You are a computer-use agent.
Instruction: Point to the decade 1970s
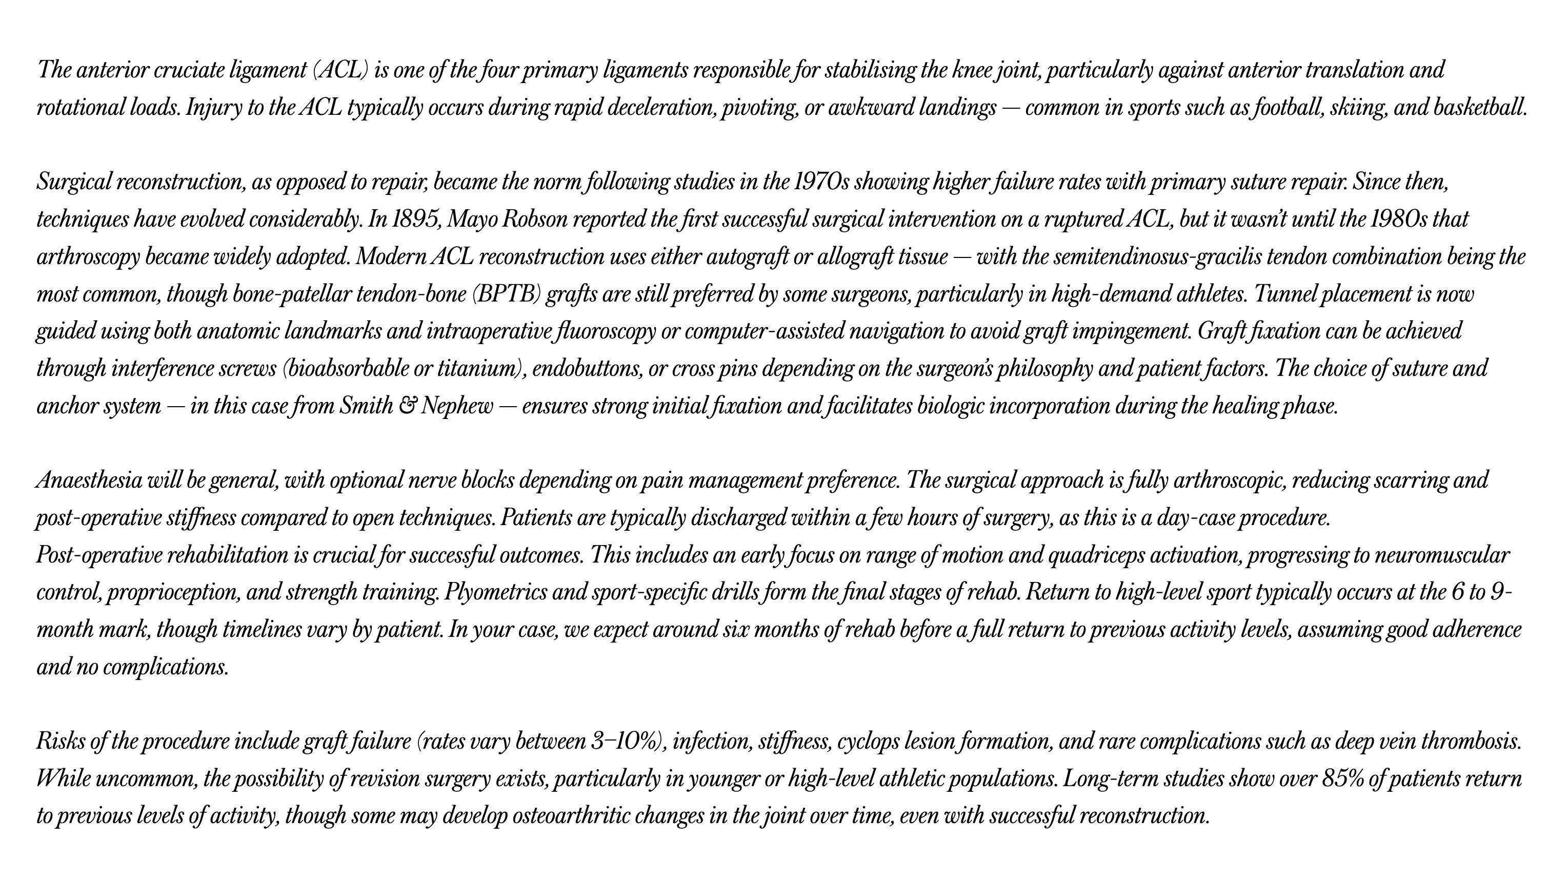coord(821,182)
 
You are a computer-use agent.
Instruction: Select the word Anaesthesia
coord(89,480)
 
